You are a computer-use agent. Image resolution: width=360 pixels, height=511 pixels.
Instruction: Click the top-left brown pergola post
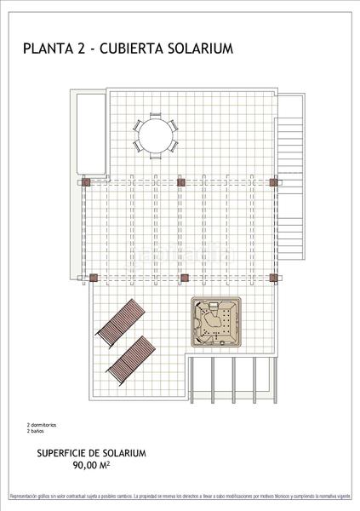coord(86,181)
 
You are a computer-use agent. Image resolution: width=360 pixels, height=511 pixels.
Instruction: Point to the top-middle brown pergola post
coord(180,181)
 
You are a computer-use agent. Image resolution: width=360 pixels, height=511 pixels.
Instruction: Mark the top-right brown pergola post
coord(272,181)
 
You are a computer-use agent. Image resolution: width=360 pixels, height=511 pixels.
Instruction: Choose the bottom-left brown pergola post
coord(94,277)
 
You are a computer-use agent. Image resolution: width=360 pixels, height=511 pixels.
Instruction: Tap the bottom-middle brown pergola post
coord(180,277)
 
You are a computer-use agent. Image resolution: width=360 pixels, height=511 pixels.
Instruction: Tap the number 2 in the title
coord(80,49)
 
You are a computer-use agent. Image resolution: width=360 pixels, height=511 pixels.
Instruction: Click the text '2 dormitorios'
coord(42,424)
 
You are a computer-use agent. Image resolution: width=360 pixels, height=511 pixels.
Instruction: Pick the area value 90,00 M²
coord(92,466)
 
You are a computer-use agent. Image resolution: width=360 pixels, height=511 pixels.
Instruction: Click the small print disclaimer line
coord(180,496)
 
